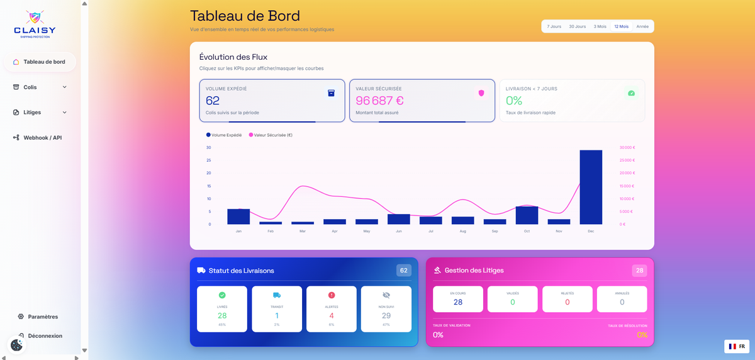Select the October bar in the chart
pos(527,215)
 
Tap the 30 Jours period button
pos(577,26)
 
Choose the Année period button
pos(642,26)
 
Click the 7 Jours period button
pos(554,26)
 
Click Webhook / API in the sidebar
pos(42,137)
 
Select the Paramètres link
pos(43,317)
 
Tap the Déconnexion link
pos(45,335)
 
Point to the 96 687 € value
pos(379,101)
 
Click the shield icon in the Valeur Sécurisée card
pos(481,93)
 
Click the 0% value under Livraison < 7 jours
pos(514,101)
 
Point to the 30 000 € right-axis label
pos(627,147)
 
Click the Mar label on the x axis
pos(303,231)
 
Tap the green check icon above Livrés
pos(222,295)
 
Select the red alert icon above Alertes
pos(332,295)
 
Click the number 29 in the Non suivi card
pos(386,315)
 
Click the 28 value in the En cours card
pos(458,302)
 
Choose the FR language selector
pos(737,346)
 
